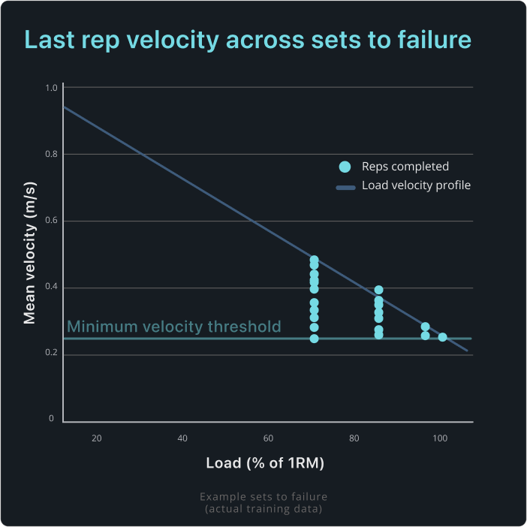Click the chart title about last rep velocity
coord(248,40)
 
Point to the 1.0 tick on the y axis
coord(51,88)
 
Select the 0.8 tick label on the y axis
coord(51,154)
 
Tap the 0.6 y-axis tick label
coord(51,221)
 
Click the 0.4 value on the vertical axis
coord(51,288)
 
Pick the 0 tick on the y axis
coord(51,418)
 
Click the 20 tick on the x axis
coord(97,438)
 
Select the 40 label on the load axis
coord(182,438)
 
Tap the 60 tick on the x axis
coord(268,438)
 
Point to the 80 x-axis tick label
coord(354,438)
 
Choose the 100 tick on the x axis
coord(439,438)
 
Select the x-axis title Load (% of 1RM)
coord(265,463)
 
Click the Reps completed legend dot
coord(345,167)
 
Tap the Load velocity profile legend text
coord(416,185)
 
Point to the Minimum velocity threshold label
coord(174,327)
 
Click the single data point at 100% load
coord(443,337)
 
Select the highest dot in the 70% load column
coord(315,260)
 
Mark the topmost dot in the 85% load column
coord(379,290)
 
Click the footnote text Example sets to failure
coord(263,497)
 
